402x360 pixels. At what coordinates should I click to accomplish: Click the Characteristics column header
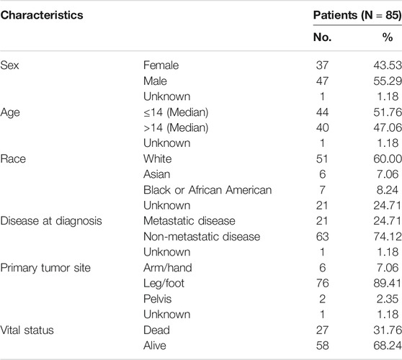tap(42, 15)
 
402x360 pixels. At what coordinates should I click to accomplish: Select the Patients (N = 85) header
tap(357, 15)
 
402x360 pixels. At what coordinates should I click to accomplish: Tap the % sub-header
tap(388, 37)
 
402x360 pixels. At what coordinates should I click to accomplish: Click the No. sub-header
tap(322, 37)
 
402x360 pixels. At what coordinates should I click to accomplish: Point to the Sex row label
tap(10, 65)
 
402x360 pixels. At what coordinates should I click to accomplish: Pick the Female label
tap(161, 65)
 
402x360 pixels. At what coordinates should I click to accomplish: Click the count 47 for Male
tap(322, 81)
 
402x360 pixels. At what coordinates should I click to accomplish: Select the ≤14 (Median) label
tap(176, 112)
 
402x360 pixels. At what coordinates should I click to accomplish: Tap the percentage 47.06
tap(388, 127)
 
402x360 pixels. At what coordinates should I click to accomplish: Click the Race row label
tap(13, 159)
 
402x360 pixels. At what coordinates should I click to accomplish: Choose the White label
tap(158, 159)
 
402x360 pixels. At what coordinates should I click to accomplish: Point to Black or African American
tap(207, 190)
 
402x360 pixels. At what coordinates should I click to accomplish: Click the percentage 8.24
tap(388, 190)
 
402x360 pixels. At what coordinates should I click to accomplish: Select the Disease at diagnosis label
tap(51, 221)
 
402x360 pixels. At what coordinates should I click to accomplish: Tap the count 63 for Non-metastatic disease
tap(322, 236)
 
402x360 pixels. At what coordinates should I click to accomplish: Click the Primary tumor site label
tap(45, 268)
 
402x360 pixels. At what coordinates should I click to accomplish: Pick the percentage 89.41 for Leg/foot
tap(388, 283)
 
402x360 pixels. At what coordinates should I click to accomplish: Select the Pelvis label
tap(158, 299)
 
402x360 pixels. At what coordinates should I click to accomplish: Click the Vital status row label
tap(27, 330)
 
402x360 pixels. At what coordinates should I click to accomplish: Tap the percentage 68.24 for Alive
tap(388, 346)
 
